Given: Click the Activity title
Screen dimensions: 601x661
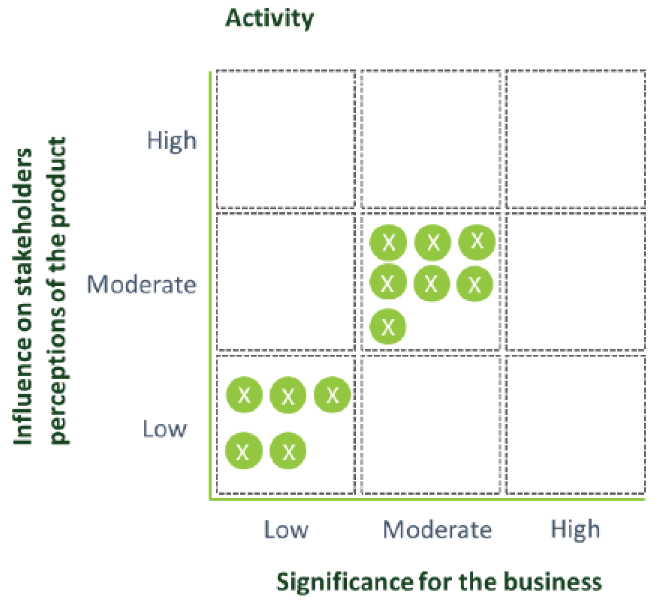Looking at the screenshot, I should pos(269,19).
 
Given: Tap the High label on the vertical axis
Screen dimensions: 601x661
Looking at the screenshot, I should pos(172,141).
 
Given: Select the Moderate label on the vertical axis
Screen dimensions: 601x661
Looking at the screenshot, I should pos(142,285).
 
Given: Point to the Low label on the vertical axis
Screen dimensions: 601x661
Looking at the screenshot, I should pos(164,429).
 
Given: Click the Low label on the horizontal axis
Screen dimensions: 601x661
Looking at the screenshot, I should pos(286,530).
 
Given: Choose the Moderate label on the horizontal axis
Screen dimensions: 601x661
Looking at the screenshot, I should pos(437,530).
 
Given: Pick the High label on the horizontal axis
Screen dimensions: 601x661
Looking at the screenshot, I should pos(575,530).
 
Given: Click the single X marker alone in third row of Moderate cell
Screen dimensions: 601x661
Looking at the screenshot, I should pos(388,327).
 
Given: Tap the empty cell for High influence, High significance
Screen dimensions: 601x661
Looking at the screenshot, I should pos(575,139).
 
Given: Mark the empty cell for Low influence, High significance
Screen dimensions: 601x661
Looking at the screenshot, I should pos(575,425).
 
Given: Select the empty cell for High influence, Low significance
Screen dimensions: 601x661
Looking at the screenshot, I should pos(286,139).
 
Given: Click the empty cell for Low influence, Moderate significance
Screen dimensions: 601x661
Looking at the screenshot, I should pos(431,425).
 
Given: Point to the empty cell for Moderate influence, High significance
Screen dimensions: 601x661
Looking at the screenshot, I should pos(575,282).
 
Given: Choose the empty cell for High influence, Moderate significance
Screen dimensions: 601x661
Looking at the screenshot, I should pos(431,139).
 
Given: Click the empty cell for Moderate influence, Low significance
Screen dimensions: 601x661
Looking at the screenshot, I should pos(286,282).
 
